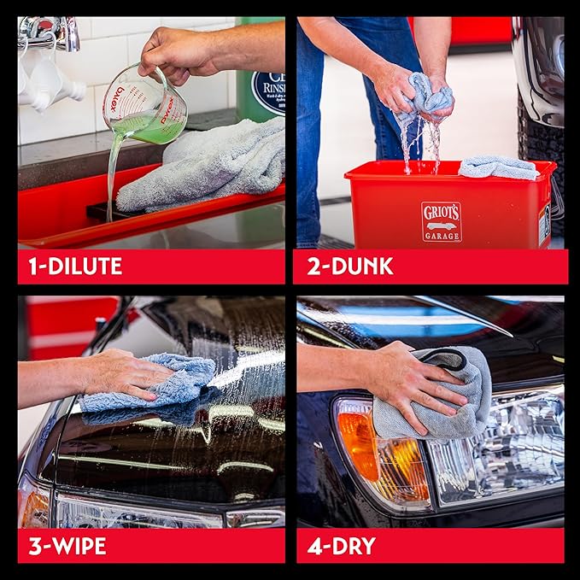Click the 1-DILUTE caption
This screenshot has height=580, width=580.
click(75, 267)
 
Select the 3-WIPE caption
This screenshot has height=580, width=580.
click(68, 546)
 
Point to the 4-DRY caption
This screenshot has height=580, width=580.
click(341, 546)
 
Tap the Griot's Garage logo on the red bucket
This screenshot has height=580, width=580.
click(442, 221)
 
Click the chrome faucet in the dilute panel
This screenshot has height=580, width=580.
click(51, 32)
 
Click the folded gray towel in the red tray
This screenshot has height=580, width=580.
click(205, 167)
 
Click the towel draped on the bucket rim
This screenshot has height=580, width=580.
click(499, 167)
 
